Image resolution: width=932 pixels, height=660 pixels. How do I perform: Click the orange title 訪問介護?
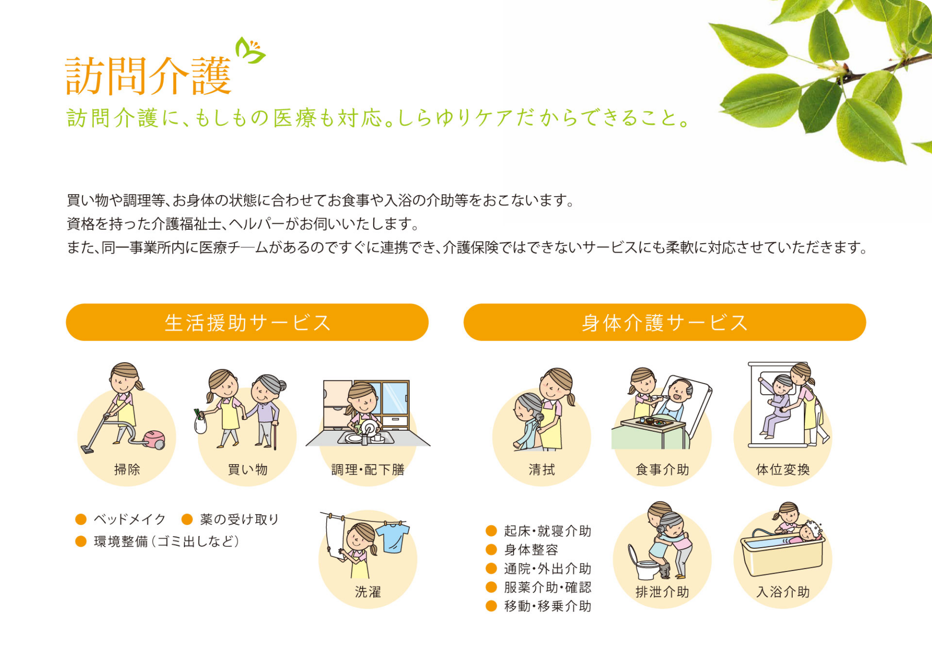click(x=149, y=76)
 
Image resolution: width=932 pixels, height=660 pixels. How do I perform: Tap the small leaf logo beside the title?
click(x=250, y=50)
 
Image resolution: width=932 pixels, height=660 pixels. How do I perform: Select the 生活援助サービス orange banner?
click(x=247, y=322)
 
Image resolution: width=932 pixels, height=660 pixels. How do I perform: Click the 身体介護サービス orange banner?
click(x=665, y=322)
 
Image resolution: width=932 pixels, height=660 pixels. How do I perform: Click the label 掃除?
click(x=127, y=469)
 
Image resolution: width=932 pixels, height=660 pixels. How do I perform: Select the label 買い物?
click(x=247, y=469)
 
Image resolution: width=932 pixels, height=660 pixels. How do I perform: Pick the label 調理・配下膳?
click(x=368, y=469)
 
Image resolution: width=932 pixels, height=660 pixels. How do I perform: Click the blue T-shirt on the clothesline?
click(x=393, y=537)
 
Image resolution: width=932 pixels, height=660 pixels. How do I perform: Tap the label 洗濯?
click(x=368, y=592)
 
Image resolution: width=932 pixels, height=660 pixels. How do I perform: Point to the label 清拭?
click(x=541, y=469)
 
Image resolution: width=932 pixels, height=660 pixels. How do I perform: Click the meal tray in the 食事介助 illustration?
click(x=653, y=423)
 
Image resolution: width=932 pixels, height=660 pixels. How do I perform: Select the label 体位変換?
click(x=783, y=469)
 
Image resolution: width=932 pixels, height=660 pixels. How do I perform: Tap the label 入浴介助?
click(x=783, y=592)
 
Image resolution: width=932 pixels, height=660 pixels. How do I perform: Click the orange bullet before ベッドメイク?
click(x=81, y=519)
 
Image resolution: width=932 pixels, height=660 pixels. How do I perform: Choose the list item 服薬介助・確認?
click(x=548, y=587)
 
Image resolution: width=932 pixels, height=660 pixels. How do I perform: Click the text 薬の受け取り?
click(x=240, y=519)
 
